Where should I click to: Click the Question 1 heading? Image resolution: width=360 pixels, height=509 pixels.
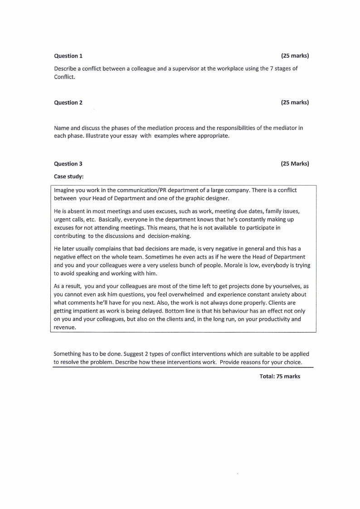coord(68,56)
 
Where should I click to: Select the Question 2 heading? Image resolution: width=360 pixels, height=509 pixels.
coord(68,103)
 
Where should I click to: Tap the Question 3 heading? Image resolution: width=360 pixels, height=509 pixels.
coord(68,164)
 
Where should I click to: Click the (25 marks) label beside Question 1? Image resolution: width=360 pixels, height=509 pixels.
coord(295,56)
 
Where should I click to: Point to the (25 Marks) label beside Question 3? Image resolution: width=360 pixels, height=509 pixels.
coord(295,164)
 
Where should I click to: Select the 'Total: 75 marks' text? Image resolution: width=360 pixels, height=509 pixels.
coord(280,377)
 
